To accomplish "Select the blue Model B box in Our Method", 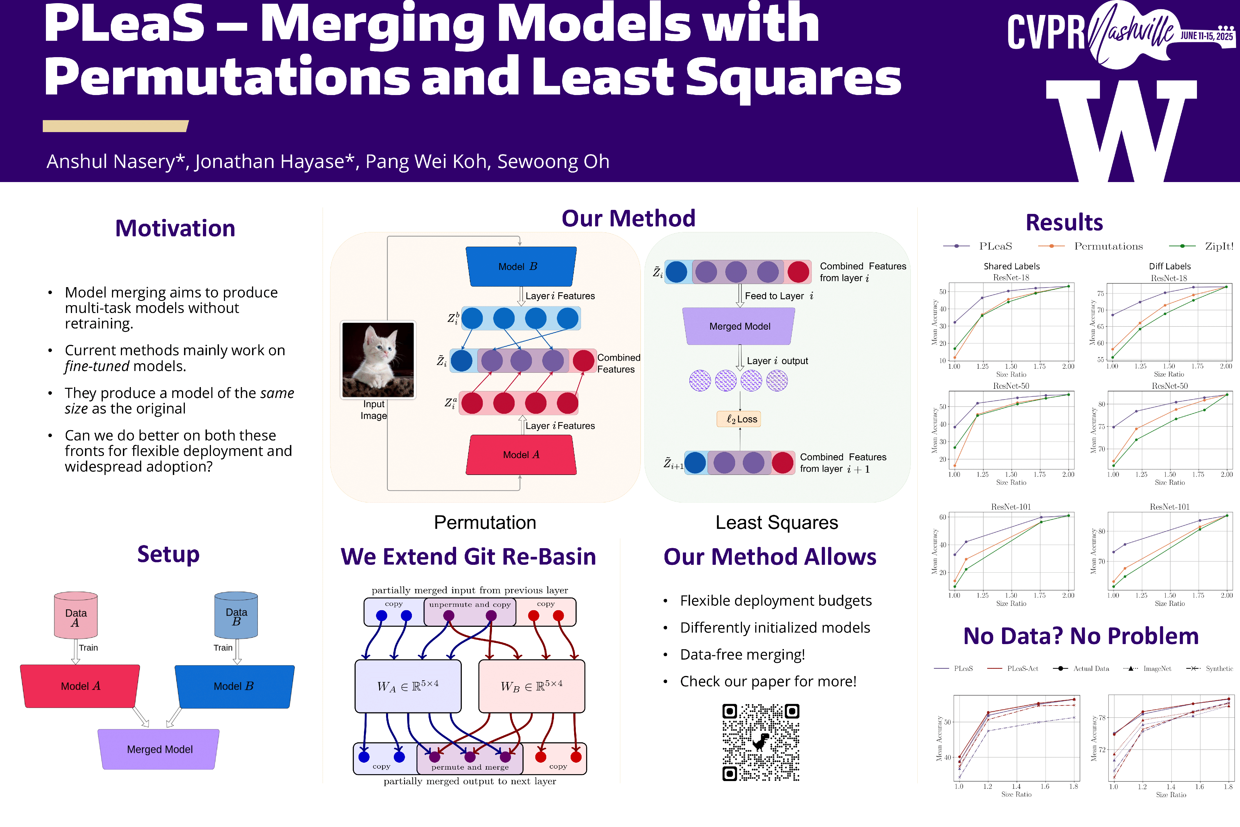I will click(520, 266).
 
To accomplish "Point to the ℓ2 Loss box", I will click(739, 419).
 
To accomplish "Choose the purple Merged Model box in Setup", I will click(159, 749).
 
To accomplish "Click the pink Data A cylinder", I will click(76, 615).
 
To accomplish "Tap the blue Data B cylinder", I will click(236, 615).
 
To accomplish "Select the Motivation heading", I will click(175, 228).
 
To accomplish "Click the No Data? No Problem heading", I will click(1081, 636).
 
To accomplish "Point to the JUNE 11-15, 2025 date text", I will click(1206, 36).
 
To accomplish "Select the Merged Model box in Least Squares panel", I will click(739, 326).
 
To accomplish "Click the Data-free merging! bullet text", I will click(742, 654).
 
